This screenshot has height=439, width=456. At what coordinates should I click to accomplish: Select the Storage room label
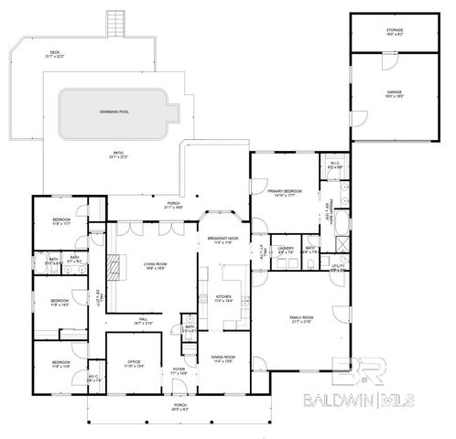click(x=395, y=30)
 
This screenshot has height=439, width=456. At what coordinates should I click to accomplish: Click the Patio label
click(x=119, y=155)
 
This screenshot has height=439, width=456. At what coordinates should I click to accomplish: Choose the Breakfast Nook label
click(x=223, y=240)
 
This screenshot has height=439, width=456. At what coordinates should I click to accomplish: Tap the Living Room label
click(x=153, y=267)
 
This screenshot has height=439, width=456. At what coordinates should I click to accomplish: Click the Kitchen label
click(x=223, y=298)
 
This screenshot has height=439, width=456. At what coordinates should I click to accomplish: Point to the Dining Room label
click(x=223, y=359)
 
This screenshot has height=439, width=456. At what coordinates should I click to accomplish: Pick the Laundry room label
click(x=286, y=249)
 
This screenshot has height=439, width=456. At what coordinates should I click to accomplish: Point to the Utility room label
click(x=337, y=268)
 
